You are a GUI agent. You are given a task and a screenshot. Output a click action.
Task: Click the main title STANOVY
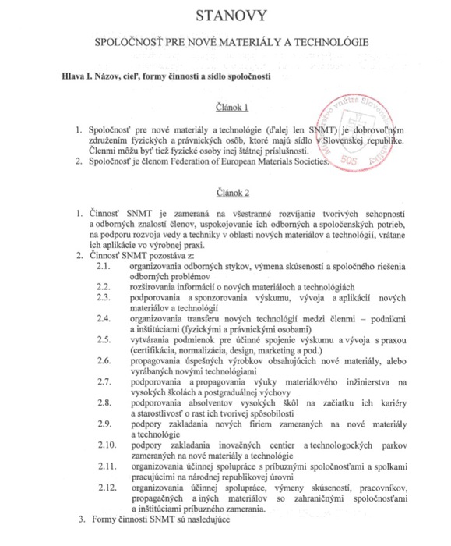tap(225, 14)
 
